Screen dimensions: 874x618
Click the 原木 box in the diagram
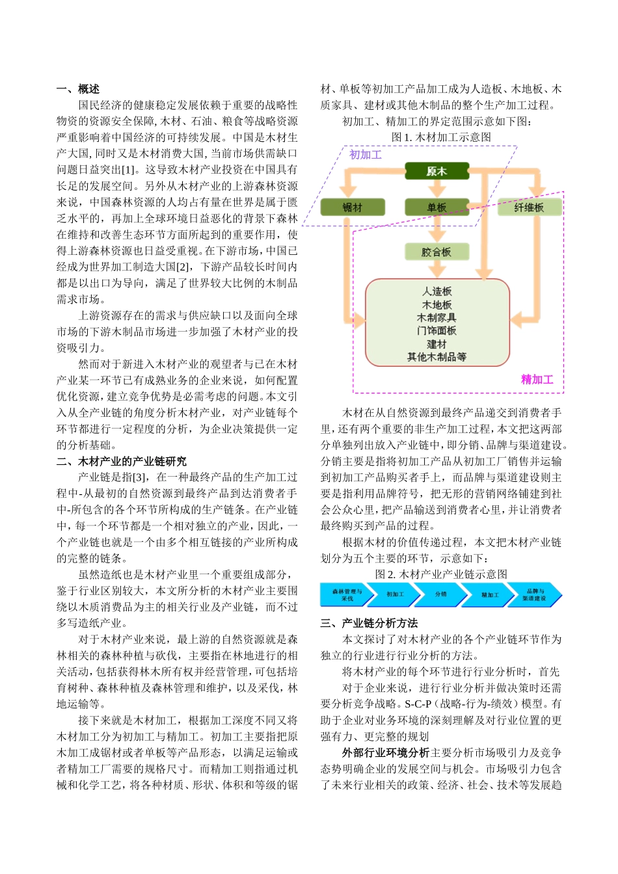[x=437, y=172]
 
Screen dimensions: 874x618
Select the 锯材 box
[x=353, y=207]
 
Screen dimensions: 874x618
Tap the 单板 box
[x=437, y=207]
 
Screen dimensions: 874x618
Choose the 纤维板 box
[x=529, y=207]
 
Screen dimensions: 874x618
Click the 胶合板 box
[x=437, y=252]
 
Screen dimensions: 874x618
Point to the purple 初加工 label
[x=366, y=155]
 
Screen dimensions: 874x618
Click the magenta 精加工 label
[x=537, y=379]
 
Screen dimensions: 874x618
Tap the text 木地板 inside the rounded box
[x=437, y=305]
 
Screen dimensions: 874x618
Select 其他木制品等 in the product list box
[x=437, y=357]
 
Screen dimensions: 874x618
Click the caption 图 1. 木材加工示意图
[x=441, y=137]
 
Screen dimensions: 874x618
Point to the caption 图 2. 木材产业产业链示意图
[x=441, y=574]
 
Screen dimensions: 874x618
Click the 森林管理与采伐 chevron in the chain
[x=348, y=594]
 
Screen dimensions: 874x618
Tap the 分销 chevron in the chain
[x=441, y=594]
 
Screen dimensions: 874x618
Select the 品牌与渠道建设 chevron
[x=535, y=594]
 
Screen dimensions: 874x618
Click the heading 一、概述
[x=78, y=89]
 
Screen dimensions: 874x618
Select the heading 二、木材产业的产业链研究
[x=122, y=461]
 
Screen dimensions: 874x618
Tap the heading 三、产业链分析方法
[x=369, y=623]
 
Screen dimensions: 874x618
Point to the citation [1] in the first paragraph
[x=129, y=170]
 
